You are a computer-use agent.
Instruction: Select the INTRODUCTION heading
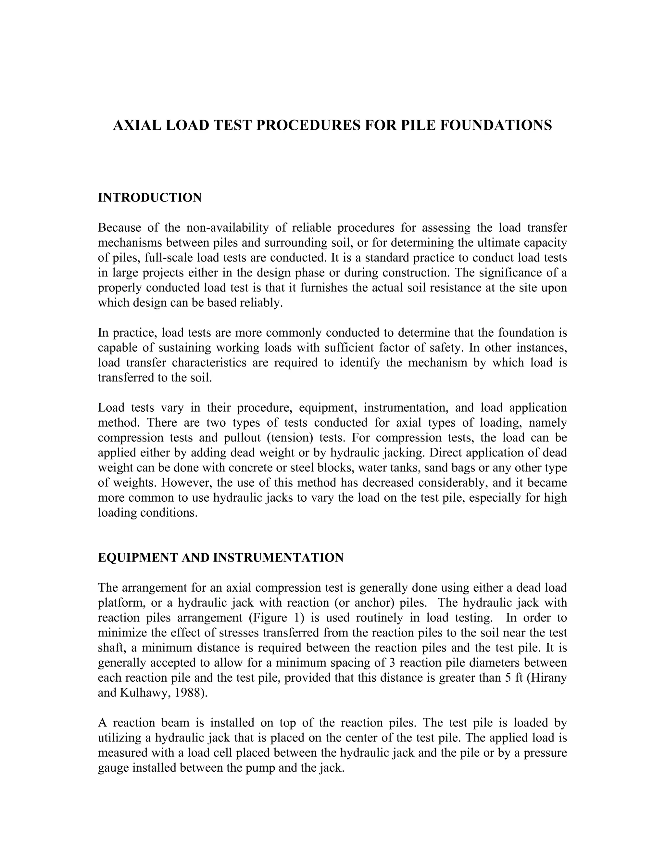click(x=150, y=198)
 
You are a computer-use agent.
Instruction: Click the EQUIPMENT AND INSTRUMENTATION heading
click(x=220, y=558)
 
